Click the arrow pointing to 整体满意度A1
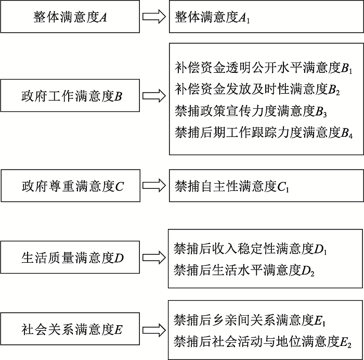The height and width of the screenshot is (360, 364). point(154,17)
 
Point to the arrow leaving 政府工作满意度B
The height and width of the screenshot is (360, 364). point(154,96)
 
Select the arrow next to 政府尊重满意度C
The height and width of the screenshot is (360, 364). point(154,185)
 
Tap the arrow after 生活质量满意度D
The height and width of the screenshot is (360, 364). point(154,258)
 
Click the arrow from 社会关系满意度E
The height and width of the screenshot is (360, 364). point(154,330)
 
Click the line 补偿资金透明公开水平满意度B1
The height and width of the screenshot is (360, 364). point(264,68)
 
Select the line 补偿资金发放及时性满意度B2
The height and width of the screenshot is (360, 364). point(257,89)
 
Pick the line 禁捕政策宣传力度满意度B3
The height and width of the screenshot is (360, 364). point(251,111)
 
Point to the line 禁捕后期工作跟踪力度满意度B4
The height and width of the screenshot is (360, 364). point(264,133)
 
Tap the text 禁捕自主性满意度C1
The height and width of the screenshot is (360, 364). point(232,187)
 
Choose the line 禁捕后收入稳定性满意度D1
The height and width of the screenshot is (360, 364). point(250,249)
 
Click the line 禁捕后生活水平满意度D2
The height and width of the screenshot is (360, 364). point(244,271)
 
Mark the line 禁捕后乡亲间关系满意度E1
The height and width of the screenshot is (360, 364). point(250,320)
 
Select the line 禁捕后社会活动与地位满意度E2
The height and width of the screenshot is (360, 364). point(263,342)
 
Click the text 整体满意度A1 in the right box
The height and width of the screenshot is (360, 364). point(212,17)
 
